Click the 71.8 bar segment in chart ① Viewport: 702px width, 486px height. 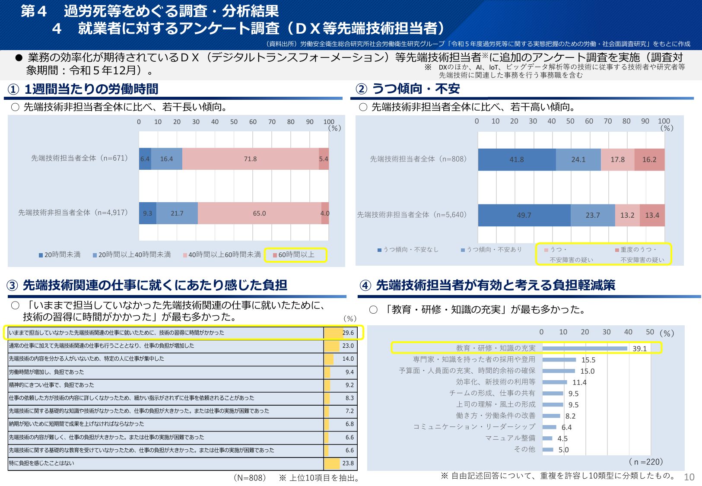pyautogui.click(x=250, y=159)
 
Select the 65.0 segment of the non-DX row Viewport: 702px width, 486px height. pyautogui.click(x=259, y=213)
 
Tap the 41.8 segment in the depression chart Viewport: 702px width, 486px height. pyautogui.click(x=517, y=159)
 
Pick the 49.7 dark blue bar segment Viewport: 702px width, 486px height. pyautogui.click(x=524, y=215)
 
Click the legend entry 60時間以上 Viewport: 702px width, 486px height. pyautogui.click(x=296, y=255)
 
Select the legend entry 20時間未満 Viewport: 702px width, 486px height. pyautogui.click(x=60, y=255)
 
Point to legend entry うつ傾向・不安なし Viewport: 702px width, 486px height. pyautogui.click(x=408, y=250)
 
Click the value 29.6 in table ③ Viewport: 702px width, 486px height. pyautogui.click(x=348, y=333)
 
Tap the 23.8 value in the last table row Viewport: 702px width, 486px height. pyautogui.click(x=348, y=463)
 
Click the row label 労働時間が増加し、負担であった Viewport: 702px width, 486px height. pyautogui.click(x=47, y=372)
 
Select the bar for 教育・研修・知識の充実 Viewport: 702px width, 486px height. pyautogui.click(x=584, y=348)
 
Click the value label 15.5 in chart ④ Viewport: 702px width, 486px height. pyautogui.click(x=588, y=360)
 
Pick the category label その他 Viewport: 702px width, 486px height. pyautogui.click(x=524, y=449)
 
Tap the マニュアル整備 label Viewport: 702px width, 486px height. pyautogui.click(x=510, y=438)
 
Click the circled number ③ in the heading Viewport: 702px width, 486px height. pyautogui.click(x=13, y=286)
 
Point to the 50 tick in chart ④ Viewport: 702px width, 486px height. pyautogui.click(x=650, y=332)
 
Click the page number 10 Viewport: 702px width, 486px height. pyautogui.click(x=689, y=477)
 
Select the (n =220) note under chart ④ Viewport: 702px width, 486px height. pyautogui.click(x=646, y=462)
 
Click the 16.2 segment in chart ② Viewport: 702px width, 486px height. pyautogui.click(x=649, y=159)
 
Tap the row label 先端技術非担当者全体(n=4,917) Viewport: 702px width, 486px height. pyautogui.click(x=73, y=213)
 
